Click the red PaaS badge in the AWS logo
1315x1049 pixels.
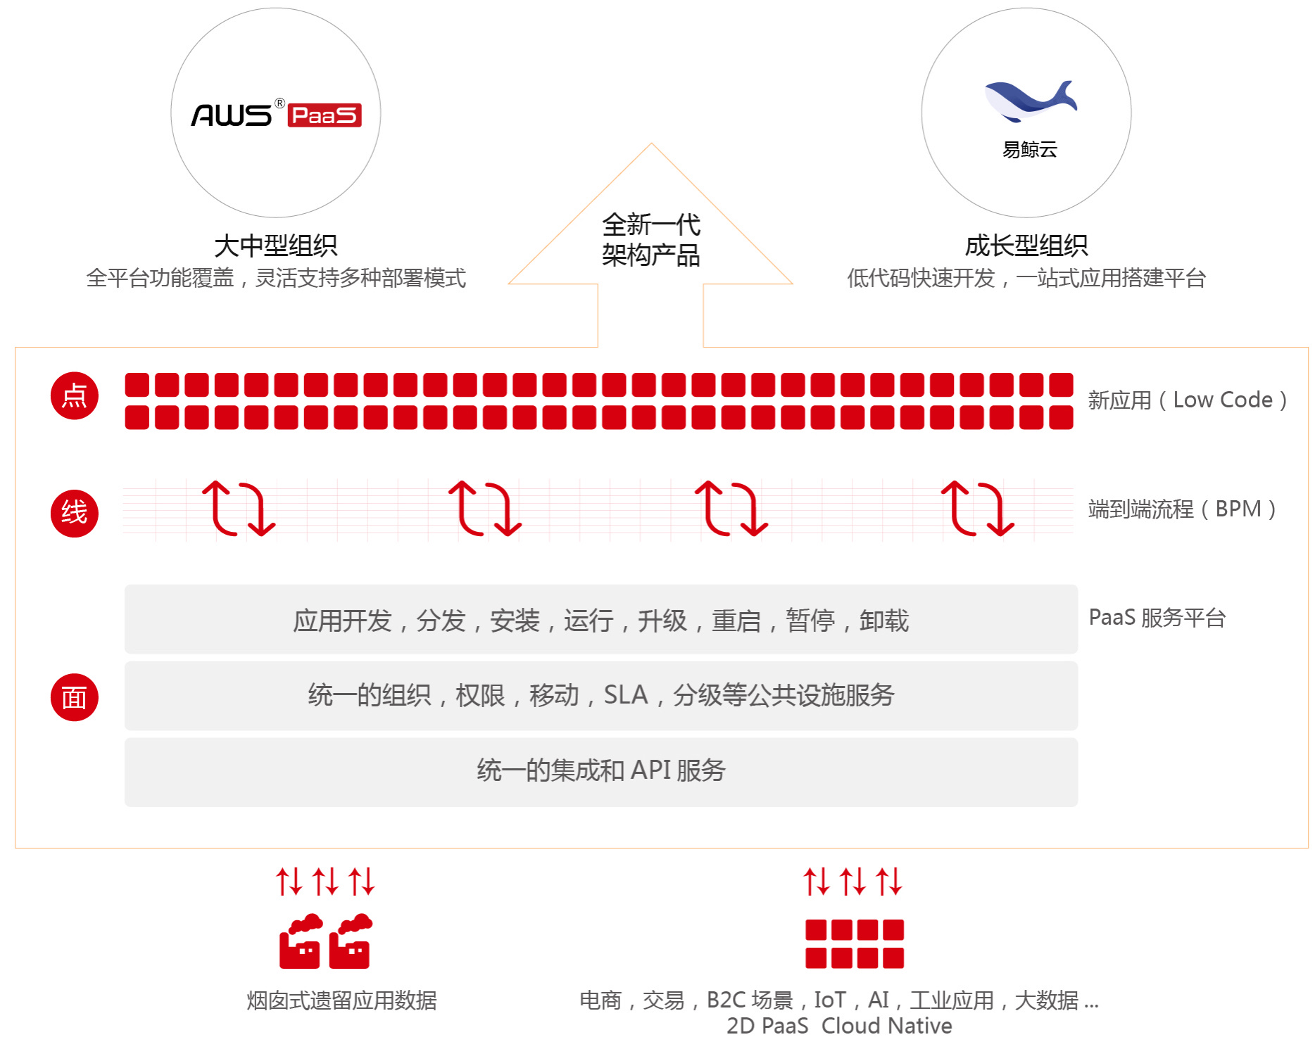tap(325, 115)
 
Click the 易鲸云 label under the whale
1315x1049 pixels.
tap(1029, 150)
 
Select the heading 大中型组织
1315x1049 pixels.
tap(276, 246)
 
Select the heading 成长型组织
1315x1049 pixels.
tap(1026, 246)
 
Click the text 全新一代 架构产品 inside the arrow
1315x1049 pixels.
tap(651, 240)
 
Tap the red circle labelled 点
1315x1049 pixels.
tap(75, 396)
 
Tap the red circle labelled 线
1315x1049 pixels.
tap(75, 513)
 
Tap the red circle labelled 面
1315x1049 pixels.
tap(75, 697)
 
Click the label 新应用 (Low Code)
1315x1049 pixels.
tap(1188, 400)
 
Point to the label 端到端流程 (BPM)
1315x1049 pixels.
tap(1182, 509)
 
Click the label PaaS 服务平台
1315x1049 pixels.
tap(1157, 618)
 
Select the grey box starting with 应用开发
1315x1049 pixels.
tap(601, 620)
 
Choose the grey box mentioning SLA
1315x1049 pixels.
tap(601, 695)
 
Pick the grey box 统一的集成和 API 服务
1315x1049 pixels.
tap(601, 770)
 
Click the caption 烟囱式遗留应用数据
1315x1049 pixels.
tap(341, 1000)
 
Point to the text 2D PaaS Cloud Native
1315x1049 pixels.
tap(839, 1026)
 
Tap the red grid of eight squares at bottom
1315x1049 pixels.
tap(855, 943)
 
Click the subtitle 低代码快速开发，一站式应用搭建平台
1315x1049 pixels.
tap(1026, 279)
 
